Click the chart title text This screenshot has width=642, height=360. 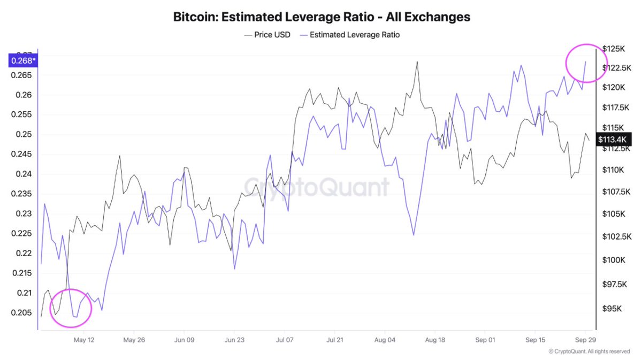tap(322, 17)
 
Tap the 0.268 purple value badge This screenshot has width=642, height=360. tap(22, 60)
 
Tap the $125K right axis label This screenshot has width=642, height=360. tap(613, 49)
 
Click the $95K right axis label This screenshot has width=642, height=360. tap(612, 309)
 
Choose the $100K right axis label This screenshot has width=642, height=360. tap(613, 260)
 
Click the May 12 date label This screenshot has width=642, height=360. tap(84, 340)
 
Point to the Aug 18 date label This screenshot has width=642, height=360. tap(435, 340)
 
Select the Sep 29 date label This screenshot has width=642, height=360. tap(585, 340)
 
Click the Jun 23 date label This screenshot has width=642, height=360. tap(234, 340)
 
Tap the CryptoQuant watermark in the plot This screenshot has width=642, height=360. tap(317, 188)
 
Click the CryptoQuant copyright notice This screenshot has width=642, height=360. tap(589, 351)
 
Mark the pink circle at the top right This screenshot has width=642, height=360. tap(585, 63)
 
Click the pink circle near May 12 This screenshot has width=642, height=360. tap(71, 308)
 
